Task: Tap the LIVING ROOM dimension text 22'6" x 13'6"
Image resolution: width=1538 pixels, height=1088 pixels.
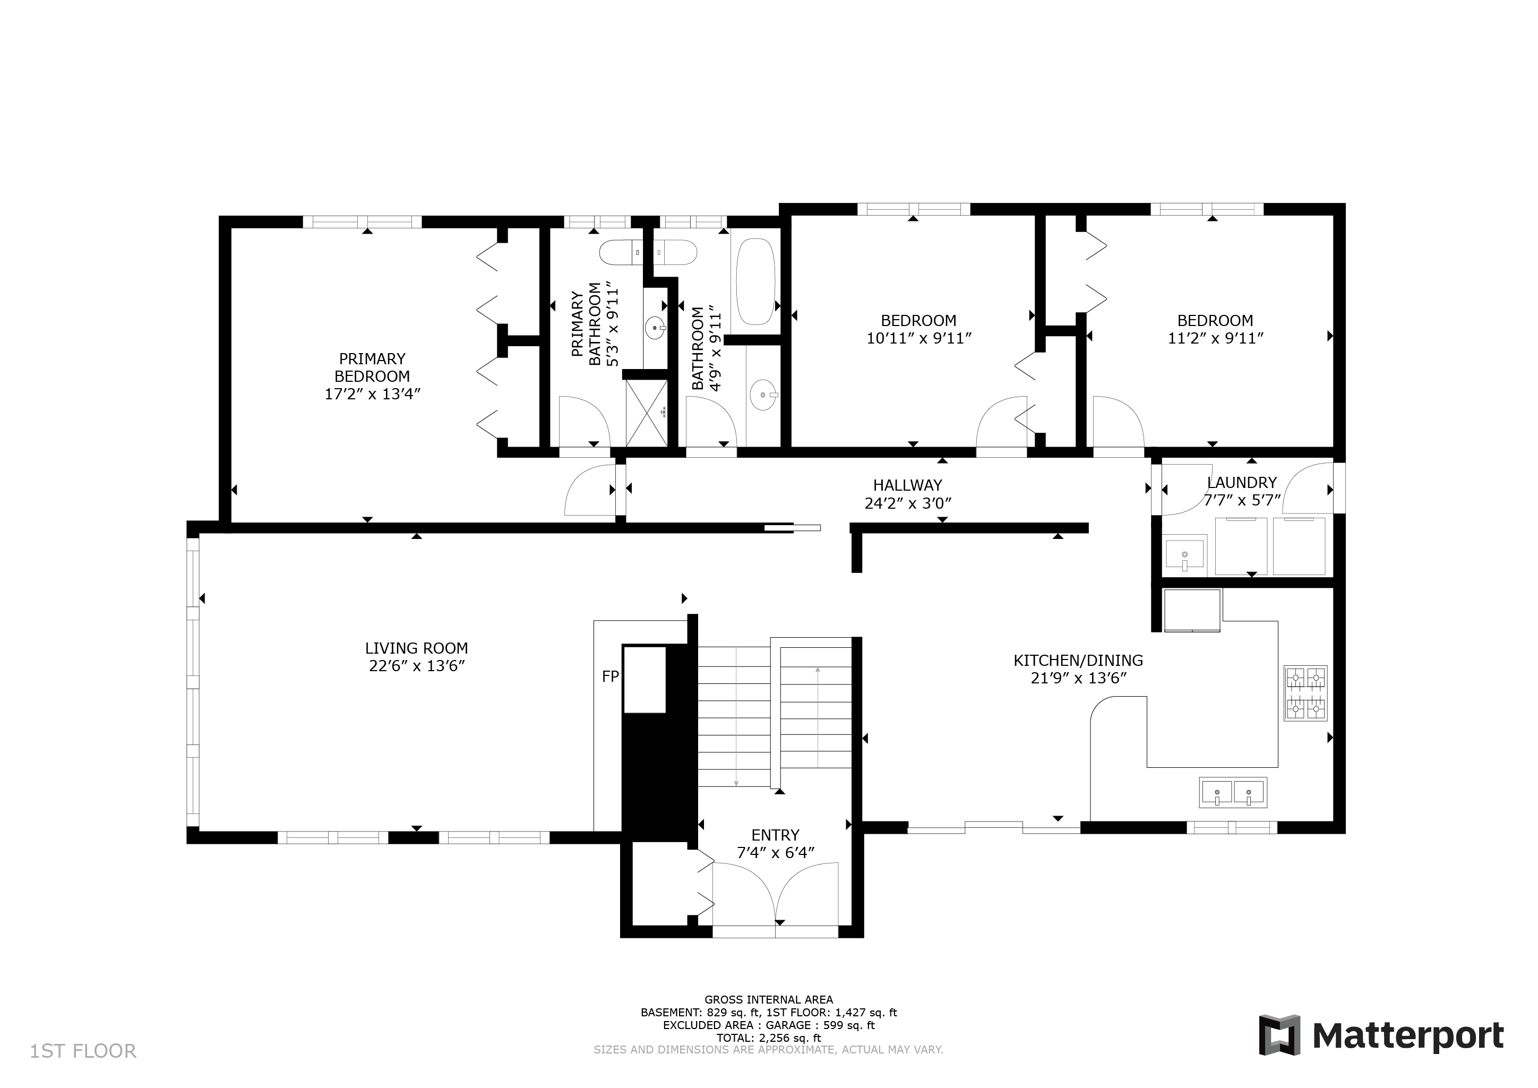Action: pyautogui.click(x=417, y=666)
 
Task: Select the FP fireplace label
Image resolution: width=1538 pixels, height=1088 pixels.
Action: pyautogui.click(x=609, y=676)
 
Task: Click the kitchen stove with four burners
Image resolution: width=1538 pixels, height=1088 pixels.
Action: pyautogui.click(x=1305, y=693)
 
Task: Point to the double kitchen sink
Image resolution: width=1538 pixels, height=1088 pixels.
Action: pyautogui.click(x=1233, y=793)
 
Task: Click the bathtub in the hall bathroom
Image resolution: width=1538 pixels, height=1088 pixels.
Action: pyautogui.click(x=755, y=281)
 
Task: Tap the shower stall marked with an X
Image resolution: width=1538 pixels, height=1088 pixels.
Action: pyautogui.click(x=647, y=413)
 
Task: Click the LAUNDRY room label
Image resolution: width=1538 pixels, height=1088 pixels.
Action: pyautogui.click(x=1241, y=482)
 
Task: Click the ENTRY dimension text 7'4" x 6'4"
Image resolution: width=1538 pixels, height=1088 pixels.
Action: pyautogui.click(x=775, y=853)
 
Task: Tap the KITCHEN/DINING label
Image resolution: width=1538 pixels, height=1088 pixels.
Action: pyautogui.click(x=1078, y=661)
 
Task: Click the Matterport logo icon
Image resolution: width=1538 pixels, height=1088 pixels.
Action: pyautogui.click(x=1279, y=1035)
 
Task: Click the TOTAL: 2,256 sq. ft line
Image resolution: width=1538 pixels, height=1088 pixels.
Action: pyautogui.click(x=768, y=1038)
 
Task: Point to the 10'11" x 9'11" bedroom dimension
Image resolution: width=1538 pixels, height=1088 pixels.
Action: pyautogui.click(x=918, y=338)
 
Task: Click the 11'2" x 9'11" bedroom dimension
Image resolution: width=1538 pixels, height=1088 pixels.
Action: pyautogui.click(x=1215, y=338)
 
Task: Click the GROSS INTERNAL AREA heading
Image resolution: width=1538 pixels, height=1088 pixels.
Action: pyautogui.click(x=768, y=999)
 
